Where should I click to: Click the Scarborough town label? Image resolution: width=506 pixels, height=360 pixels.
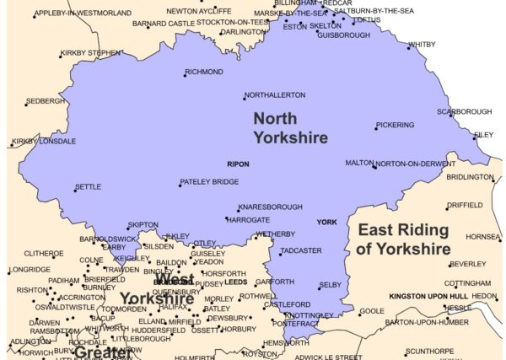[464, 112]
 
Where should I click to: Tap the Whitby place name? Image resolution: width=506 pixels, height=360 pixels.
[422, 45]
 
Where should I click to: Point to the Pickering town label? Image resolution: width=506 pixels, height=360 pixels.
[396, 126]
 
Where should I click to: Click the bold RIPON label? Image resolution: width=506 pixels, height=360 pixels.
[238, 164]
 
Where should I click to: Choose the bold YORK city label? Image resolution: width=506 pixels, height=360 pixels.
[326, 223]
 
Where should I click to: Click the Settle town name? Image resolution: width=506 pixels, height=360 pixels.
[89, 187]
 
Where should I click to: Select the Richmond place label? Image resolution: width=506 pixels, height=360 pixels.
[204, 73]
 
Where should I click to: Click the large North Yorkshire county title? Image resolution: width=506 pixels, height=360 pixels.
[290, 127]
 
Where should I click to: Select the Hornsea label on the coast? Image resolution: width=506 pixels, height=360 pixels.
[483, 237]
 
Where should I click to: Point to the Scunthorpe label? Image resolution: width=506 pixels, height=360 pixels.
[429, 351]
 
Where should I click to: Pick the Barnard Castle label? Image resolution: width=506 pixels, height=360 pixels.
[164, 24]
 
